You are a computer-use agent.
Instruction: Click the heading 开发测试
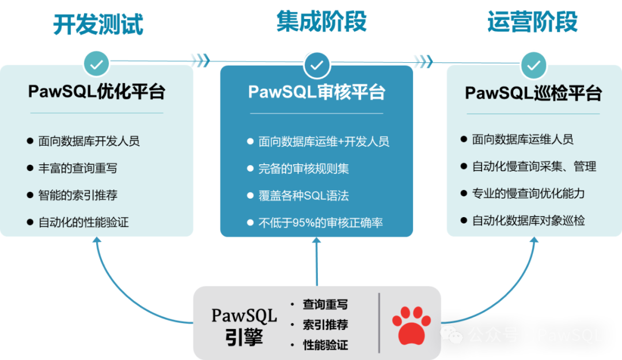coord(97,25)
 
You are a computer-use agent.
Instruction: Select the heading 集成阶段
coord(321,21)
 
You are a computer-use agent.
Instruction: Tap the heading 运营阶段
coord(532,22)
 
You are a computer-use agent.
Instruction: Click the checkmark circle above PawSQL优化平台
coord(96,64)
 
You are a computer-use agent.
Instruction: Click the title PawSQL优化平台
coord(97,92)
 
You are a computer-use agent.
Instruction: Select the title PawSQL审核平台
coord(317,92)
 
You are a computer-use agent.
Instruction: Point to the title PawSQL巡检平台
coord(533,93)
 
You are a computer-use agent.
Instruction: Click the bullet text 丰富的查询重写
coord(78,168)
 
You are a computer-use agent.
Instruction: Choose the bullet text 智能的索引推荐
coord(78,195)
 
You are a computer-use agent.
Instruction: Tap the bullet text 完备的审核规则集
coord(304,169)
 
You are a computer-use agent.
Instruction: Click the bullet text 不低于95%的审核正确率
coord(321,222)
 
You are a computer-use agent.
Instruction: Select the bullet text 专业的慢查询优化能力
coord(528,194)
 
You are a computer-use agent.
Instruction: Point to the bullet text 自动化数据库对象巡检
coord(528,221)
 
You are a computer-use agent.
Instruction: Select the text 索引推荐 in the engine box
coord(325,325)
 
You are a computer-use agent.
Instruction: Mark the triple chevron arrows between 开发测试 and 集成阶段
coord(200,60)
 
